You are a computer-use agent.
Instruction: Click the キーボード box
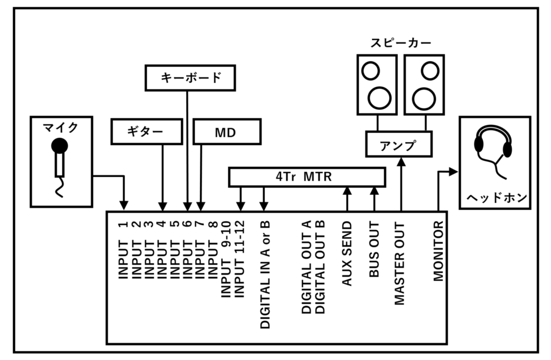pyautogui.click(x=190, y=77)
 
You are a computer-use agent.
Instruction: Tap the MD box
pyautogui.click(x=227, y=132)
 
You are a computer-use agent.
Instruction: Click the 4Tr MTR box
pyautogui.click(x=307, y=177)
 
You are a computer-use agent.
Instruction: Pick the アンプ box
pyautogui.click(x=399, y=144)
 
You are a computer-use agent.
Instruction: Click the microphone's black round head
pyautogui.click(x=59, y=145)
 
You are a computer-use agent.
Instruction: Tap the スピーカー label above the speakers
pyautogui.click(x=401, y=43)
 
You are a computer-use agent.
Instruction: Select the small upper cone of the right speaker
pyautogui.click(x=430, y=70)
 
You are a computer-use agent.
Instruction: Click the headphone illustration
pyautogui.click(x=493, y=148)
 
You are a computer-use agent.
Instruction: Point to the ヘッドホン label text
pyautogui.click(x=495, y=198)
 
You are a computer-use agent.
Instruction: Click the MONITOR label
pyautogui.click(x=438, y=251)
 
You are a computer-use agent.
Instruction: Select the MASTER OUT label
pyautogui.click(x=400, y=263)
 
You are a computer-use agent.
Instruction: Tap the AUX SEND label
pyautogui.click(x=347, y=253)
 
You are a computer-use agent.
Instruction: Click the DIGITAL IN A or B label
pyautogui.click(x=265, y=274)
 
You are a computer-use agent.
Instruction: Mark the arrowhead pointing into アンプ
pyautogui.click(x=401, y=160)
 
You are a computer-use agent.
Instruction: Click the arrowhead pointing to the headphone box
pyautogui.click(x=453, y=172)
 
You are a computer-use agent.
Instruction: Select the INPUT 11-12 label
pyautogui.click(x=241, y=258)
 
